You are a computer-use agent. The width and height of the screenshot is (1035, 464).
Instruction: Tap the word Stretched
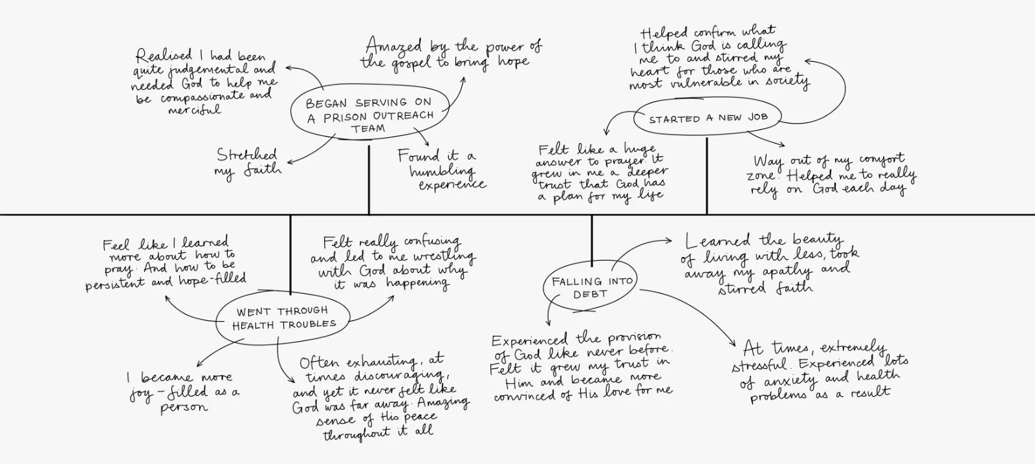pyautogui.click(x=246, y=155)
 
